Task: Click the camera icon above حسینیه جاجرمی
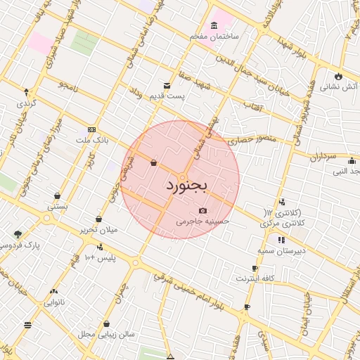click(x=203, y=210)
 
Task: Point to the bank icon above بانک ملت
click(x=91, y=130)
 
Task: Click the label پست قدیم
click(x=171, y=96)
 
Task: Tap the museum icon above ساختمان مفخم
click(x=214, y=25)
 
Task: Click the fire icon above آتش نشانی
click(x=339, y=76)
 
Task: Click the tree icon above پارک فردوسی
click(x=18, y=234)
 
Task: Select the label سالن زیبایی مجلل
click(x=107, y=335)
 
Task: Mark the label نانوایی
click(x=55, y=303)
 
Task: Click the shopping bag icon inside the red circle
click(x=153, y=163)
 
